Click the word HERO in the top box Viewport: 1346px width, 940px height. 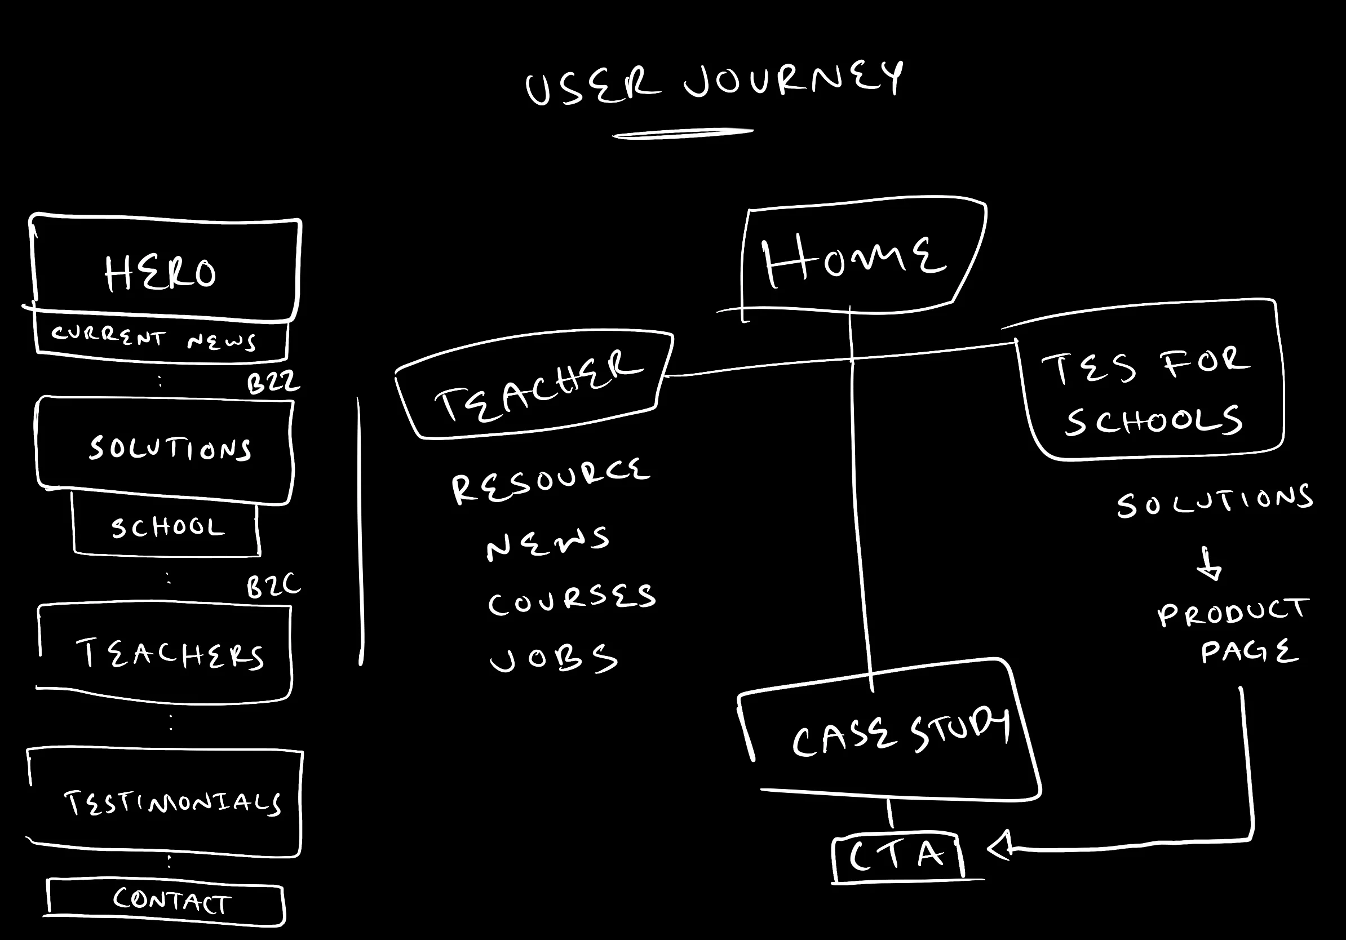[161, 273]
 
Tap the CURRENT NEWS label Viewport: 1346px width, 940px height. [153, 338]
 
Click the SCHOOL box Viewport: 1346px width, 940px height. [167, 527]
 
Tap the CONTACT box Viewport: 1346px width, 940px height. [171, 901]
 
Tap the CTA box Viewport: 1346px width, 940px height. [897, 856]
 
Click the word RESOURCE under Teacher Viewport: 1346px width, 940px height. [550, 481]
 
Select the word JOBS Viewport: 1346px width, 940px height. [554, 659]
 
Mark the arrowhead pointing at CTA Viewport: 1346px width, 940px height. [999, 846]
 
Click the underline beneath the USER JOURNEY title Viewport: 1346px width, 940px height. [683, 134]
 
